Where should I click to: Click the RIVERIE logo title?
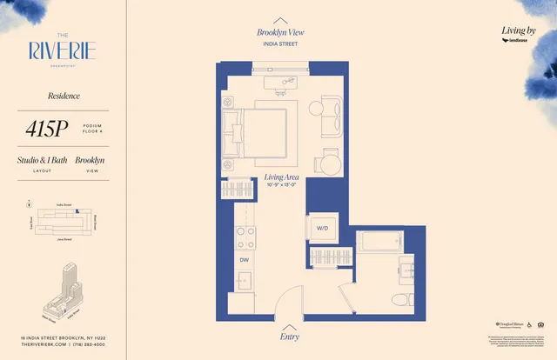coord(61,51)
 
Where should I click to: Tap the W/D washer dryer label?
coord(322,229)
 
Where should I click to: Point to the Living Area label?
coord(281,177)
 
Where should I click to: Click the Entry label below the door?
coord(289,337)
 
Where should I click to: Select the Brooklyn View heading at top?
coord(280,32)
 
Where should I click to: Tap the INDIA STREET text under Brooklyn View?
coord(280,42)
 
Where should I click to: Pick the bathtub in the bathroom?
coord(379,243)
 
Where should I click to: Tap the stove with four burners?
coord(245,237)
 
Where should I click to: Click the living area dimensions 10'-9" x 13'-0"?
coord(281,185)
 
